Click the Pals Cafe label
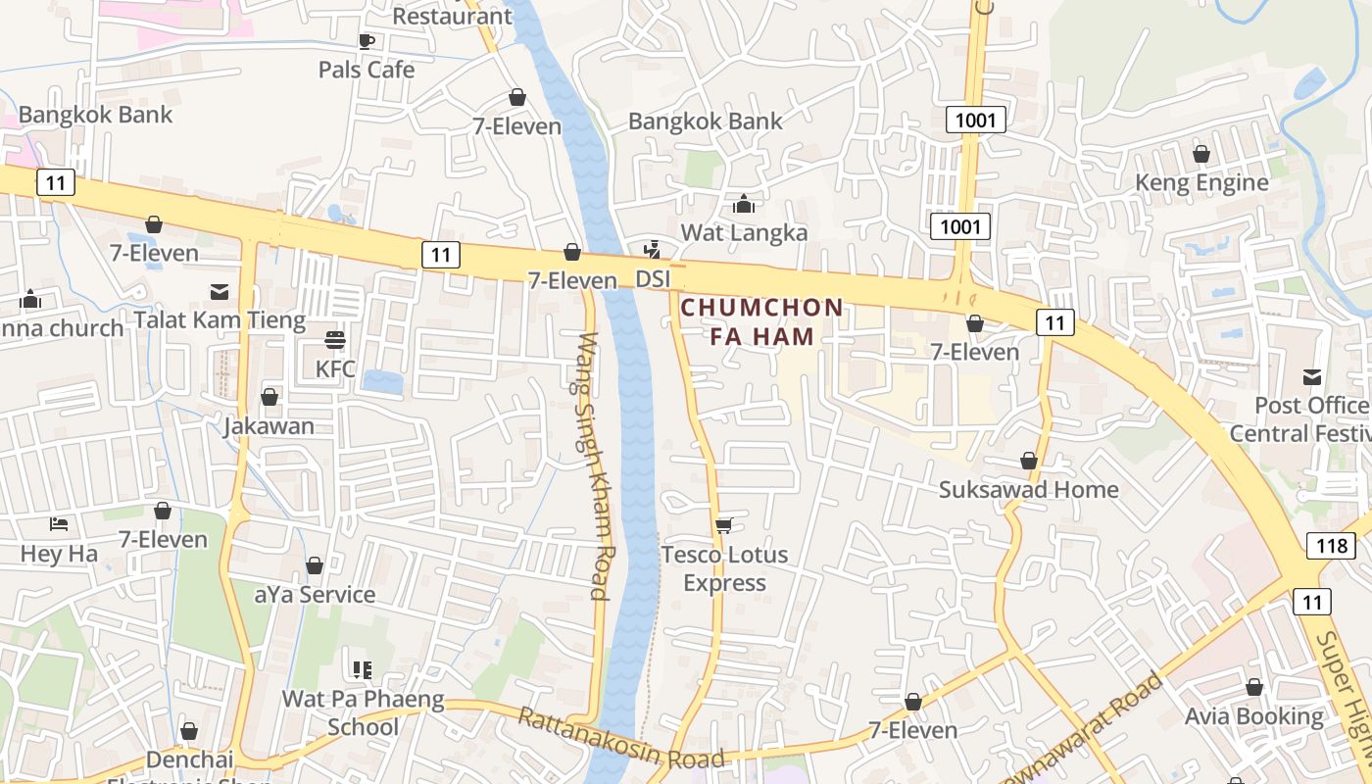(x=367, y=70)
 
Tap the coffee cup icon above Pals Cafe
(x=367, y=41)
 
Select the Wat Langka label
(x=744, y=232)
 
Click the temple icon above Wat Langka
(x=744, y=204)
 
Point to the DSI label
(x=653, y=279)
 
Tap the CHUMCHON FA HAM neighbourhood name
(x=761, y=321)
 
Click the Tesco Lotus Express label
(x=724, y=568)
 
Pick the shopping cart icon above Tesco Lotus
(x=724, y=526)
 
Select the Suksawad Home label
(x=1028, y=489)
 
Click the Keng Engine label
(x=1201, y=182)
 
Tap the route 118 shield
(x=1332, y=546)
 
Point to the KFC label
(x=335, y=369)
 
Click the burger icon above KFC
(x=335, y=340)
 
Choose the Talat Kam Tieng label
(x=220, y=320)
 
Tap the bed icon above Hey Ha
(x=59, y=524)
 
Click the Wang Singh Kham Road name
(x=593, y=465)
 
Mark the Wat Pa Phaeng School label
(x=363, y=712)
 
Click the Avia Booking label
(x=1254, y=716)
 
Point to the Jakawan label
(x=269, y=426)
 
